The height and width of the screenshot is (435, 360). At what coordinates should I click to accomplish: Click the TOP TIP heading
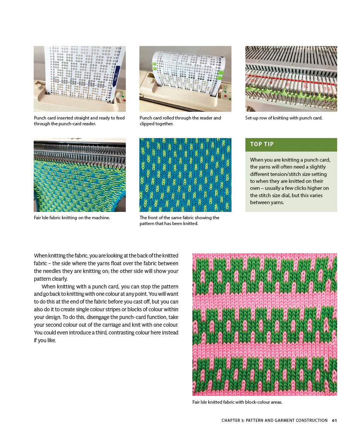coord(262,144)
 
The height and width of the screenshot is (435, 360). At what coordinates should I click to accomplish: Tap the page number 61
coord(334,420)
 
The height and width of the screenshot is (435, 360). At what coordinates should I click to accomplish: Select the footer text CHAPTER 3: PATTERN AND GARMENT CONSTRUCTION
coord(274,420)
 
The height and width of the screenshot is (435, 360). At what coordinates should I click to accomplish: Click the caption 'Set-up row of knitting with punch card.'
coord(284,118)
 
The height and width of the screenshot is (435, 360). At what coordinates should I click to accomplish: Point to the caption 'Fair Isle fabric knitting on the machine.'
coord(72,218)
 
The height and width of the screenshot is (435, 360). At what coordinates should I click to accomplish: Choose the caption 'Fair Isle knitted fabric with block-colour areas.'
coord(237,402)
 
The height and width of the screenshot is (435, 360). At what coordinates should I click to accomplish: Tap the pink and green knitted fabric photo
coord(264,324)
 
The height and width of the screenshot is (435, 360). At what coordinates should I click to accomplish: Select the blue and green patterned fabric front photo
coord(185,175)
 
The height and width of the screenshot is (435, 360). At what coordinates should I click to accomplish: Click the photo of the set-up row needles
coord(291,79)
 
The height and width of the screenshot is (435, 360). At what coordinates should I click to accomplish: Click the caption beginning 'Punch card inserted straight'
coord(79,121)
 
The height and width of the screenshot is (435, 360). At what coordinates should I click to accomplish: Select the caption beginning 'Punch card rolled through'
coord(180,121)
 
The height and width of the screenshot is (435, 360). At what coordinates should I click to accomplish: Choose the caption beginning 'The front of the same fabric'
coord(179,220)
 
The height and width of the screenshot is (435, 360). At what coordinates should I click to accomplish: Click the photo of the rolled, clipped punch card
coord(185,79)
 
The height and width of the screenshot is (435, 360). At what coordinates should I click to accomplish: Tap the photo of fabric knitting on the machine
coord(79,175)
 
